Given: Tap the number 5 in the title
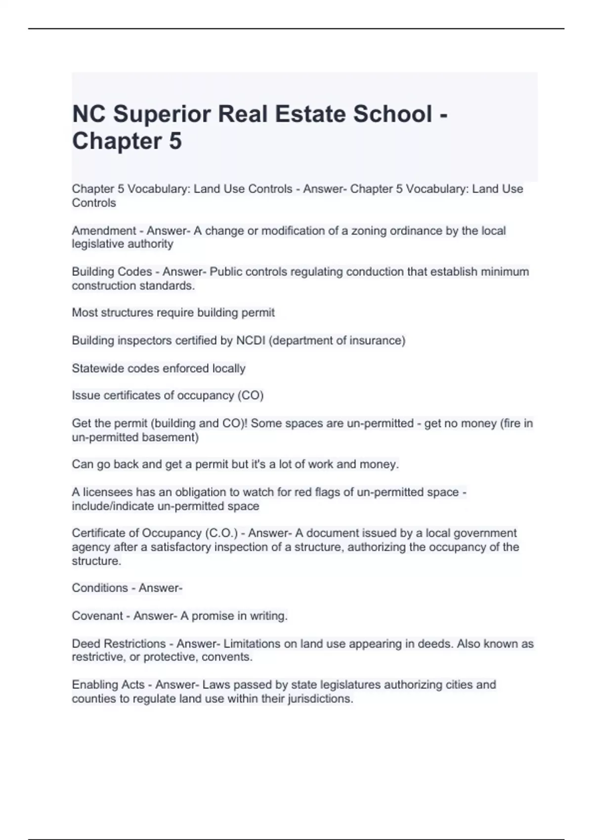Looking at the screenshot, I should coord(175,141).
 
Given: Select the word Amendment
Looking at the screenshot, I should coord(104,231).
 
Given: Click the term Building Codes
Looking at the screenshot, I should coord(112,272).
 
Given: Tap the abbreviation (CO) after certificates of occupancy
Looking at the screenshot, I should coord(251,395).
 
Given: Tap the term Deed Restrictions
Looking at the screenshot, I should coord(119,644).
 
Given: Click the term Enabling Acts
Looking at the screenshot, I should coord(108,685).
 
